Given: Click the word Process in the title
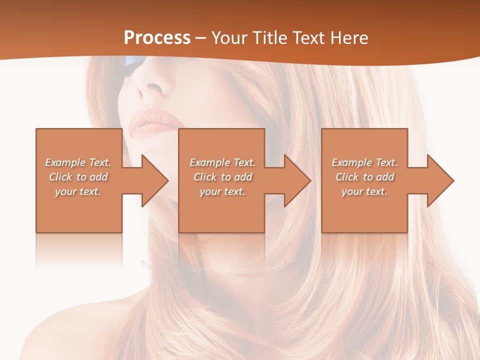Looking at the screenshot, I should coord(157,38).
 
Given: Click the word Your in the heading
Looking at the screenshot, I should coord(227,38).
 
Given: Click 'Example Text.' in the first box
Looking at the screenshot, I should coord(78,162).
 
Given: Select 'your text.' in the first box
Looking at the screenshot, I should coord(78,191).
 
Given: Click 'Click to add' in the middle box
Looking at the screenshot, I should coord(222,177).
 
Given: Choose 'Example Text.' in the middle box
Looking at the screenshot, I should coord(222,162).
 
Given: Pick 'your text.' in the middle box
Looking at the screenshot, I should coord(222,191).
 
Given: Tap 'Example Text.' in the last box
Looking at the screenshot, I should coord(364,162).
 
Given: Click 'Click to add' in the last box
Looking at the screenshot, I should coord(364,177).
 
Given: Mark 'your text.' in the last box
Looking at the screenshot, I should coord(364,191).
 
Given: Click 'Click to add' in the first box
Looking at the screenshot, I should coord(78,177).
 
